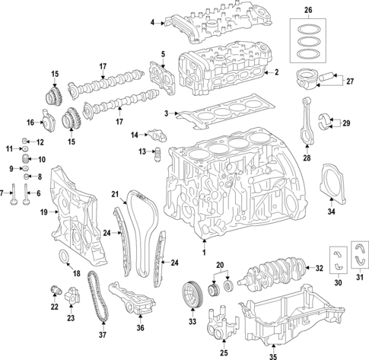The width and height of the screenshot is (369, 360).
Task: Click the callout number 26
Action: point(308,10)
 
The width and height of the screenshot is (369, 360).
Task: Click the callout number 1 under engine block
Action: point(203,251)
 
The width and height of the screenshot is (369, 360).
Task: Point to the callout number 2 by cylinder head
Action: point(277,73)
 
